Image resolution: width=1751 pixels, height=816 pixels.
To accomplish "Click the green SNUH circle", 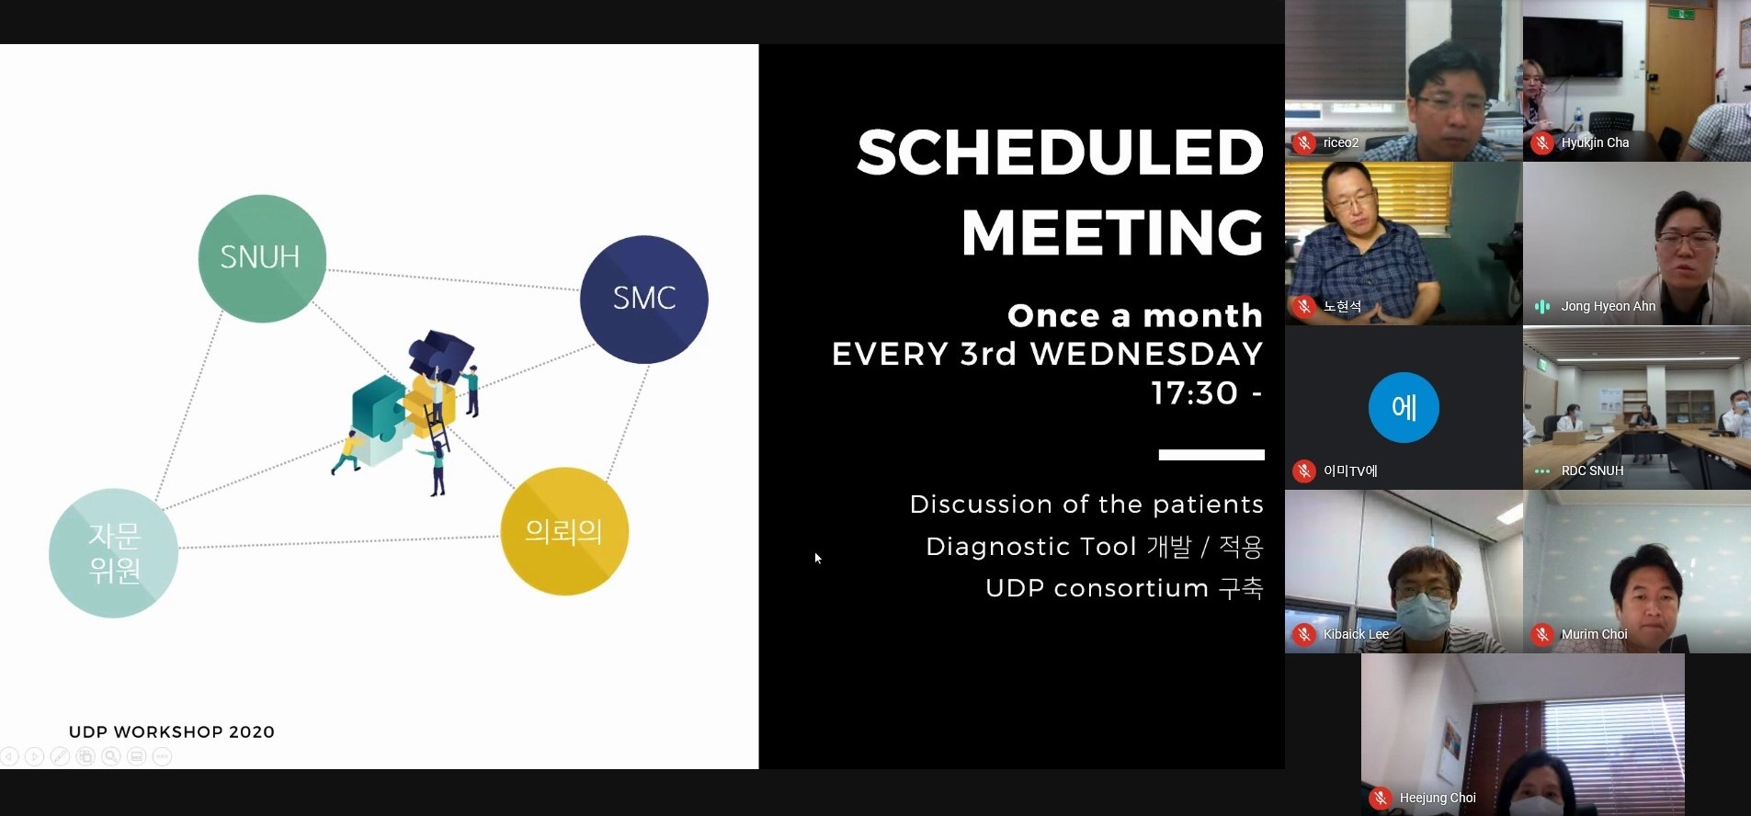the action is click(262, 258).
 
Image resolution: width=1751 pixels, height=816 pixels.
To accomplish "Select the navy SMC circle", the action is click(643, 300).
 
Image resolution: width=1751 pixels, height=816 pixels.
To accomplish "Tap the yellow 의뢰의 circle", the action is click(564, 531).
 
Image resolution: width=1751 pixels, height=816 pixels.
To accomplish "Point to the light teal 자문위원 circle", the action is click(114, 553).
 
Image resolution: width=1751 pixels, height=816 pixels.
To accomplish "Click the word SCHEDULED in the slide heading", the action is click(1060, 153).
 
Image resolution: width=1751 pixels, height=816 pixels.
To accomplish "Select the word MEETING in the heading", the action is click(1112, 232).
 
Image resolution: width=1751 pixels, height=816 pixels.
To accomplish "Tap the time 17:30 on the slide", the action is click(1195, 393).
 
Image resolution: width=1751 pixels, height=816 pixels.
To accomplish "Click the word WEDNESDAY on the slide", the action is click(1146, 354).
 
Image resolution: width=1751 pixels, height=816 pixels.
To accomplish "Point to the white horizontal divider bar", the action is click(1211, 455).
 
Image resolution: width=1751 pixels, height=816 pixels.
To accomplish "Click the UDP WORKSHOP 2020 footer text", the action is click(172, 732).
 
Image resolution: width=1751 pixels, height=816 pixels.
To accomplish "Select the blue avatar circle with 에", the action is click(1404, 407).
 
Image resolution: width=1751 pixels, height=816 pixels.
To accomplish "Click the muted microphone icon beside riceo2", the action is click(1304, 142).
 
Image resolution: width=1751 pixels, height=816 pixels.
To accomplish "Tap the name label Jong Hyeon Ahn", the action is click(1608, 307).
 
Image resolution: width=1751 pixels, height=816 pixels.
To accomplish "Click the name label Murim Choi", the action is click(1594, 635).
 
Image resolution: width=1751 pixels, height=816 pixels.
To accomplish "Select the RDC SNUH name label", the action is click(1592, 470).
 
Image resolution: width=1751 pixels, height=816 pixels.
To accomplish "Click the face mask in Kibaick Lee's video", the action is click(1422, 610).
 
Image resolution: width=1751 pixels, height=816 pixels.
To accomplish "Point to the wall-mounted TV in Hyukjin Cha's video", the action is click(1573, 46).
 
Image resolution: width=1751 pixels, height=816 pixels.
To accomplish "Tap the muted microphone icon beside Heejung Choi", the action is click(1381, 799).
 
